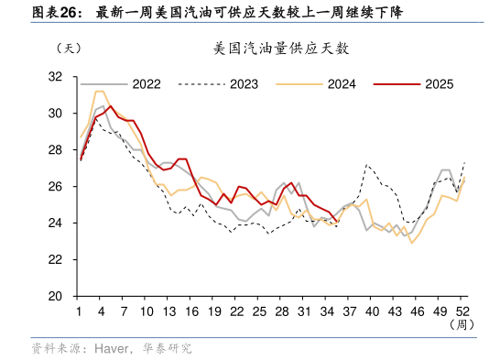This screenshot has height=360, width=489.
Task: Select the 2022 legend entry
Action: point(146,84)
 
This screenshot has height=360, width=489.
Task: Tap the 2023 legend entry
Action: point(244,84)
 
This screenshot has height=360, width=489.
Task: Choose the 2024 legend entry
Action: point(341,84)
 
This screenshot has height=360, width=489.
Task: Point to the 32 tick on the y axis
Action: point(55,76)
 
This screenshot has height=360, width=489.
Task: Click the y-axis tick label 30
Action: point(55,113)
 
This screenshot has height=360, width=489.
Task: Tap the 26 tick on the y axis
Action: point(55,186)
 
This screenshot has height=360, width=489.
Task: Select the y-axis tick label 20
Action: point(55,296)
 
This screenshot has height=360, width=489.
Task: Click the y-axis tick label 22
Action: point(55,259)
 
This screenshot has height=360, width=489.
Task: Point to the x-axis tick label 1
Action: point(81,311)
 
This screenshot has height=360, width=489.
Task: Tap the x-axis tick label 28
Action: point(282,311)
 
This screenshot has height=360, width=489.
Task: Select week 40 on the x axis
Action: point(373,311)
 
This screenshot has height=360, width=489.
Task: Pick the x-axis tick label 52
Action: point(463,311)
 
